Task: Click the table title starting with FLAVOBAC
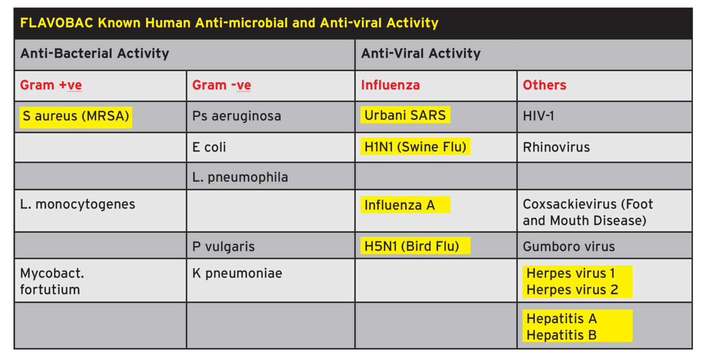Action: click(229, 23)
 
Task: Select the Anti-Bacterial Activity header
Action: click(95, 54)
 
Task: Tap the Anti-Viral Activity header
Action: click(421, 54)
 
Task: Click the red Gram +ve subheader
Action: click(51, 85)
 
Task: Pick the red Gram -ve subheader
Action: click(222, 85)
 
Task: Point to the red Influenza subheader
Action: click(391, 85)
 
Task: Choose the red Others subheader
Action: click(544, 85)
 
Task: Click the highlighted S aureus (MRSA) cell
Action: click(76, 116)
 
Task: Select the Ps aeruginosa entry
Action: click(236, 116)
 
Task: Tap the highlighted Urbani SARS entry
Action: click(405, 115)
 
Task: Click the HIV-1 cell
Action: click(538, 116)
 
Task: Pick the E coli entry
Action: click(209, 148)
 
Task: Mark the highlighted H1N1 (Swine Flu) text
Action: click(415, 147)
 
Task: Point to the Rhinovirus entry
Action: click(556, 148)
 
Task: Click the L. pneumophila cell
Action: click(240, 177)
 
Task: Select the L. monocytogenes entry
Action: click(78, 204)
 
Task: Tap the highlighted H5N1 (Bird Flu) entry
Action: click(412, 246)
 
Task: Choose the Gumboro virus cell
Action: click(569, 247)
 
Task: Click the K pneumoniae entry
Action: click(237, 273)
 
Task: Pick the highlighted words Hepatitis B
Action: click(561, 335)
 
